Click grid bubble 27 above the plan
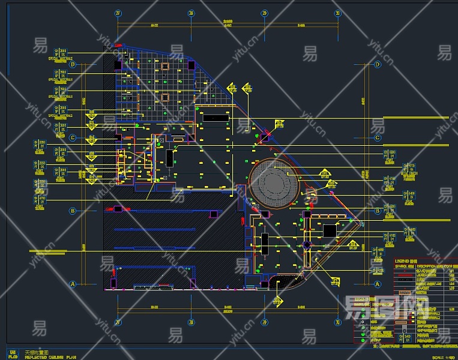click(x=118, y=13)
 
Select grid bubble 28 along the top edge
click(x=191, y=13)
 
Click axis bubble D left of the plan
click(x=73, y=64)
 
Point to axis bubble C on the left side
click(x=73, y=138)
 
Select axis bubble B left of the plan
click(x=73, y=211)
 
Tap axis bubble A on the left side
click(x=73, y=284)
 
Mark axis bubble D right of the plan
click(x=378, y=64)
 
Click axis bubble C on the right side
click(x=378, y=138)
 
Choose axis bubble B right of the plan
click(x=378, y=211)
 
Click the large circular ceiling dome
click(x=274, y=182)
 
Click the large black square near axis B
click(x=330, y=230)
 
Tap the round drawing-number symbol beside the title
click(x=13, y=354)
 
